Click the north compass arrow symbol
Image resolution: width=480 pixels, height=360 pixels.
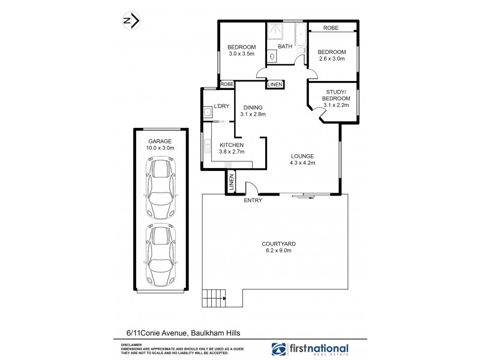click(131, 21)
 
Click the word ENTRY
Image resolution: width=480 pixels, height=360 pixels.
click(253, 200)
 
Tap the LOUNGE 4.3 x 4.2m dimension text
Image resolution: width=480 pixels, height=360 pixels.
click(302, 163)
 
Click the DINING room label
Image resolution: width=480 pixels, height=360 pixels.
click(252, 107)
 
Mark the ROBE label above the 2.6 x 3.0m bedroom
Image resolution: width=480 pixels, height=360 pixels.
click(331, 28)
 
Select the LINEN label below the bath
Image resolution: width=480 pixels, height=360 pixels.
click(275, 85)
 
